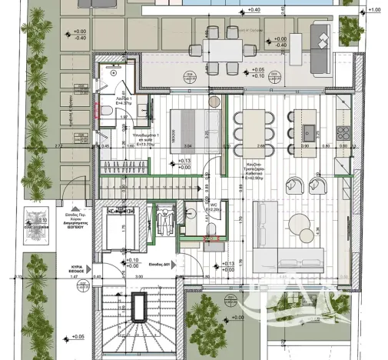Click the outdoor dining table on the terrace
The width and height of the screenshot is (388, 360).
coord(224,44)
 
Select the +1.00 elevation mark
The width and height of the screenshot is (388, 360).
coord(374,11)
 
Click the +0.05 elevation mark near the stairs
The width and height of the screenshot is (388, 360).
coord(77,337)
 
